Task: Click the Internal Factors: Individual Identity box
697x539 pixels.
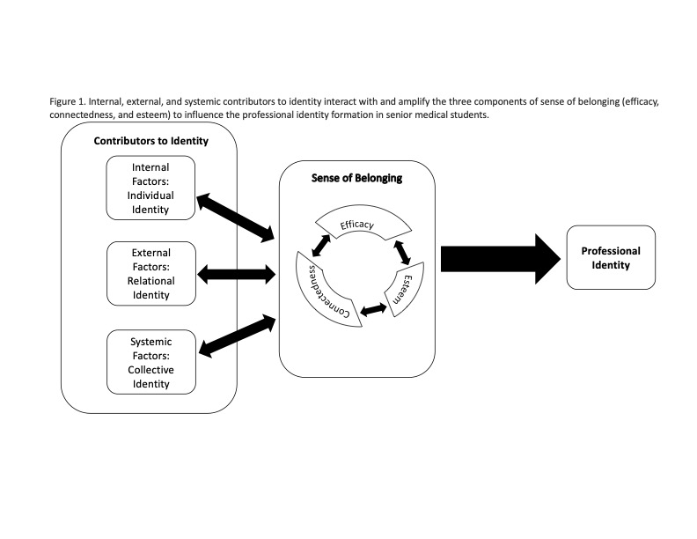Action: tap(150, 188)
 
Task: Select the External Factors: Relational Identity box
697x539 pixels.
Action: tap(151, 274)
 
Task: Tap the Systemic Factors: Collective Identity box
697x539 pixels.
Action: tap(151, 362)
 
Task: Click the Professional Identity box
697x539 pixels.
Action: tap(611, 257)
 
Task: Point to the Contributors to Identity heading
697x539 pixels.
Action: tap(151, 141)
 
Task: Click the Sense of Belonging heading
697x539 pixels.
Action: tap(357, 178)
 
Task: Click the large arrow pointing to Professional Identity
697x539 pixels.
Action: tap(501, 259)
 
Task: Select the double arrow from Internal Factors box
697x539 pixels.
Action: tap(236, 218)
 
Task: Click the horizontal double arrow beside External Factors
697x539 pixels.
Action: tap(237, 274)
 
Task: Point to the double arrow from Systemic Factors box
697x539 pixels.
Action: tap(238, 336)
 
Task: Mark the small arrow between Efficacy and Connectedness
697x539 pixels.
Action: tap(321, 246)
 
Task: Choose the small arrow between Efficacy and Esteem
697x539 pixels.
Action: tap(402, 253)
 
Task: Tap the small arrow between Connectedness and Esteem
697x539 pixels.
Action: tap(373, 309)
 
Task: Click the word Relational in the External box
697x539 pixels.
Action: tap(151, 281)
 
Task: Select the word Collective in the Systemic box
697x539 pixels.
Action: tap(151, 370)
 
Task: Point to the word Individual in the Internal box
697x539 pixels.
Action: tap(150, 196)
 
